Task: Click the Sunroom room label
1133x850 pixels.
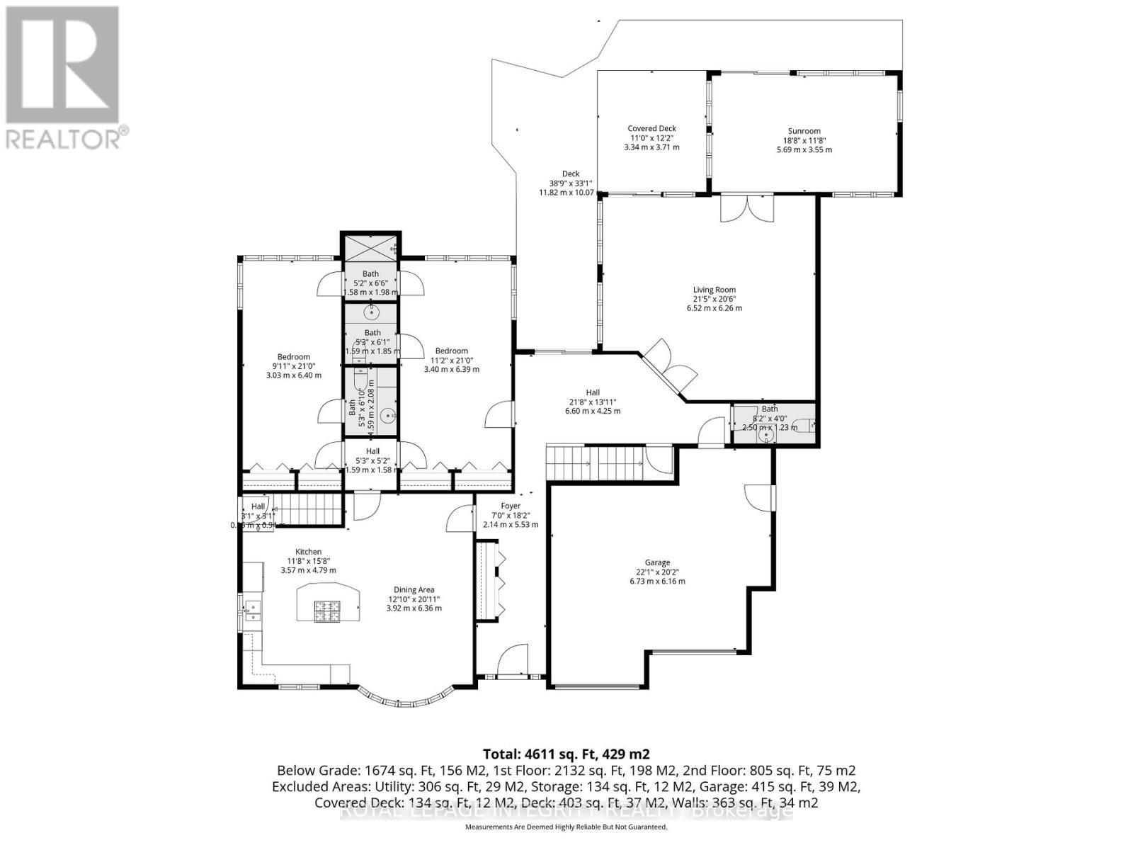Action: [804, 131]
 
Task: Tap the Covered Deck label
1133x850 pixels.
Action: [651, 129]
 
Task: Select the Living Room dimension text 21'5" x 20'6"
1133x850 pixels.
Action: [714, 299]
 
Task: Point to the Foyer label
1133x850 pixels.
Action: [511, 506]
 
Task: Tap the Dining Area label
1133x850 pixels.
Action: [414, 589]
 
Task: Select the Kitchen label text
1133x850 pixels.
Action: [308, 552]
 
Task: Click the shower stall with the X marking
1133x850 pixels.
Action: [371, 247]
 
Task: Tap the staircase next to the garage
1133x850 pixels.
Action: [596, 463]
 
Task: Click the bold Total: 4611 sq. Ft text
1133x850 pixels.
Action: [566, 754]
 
